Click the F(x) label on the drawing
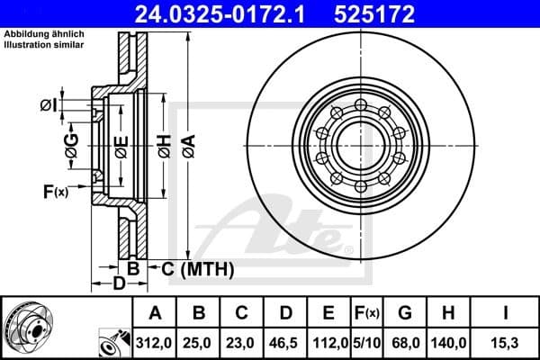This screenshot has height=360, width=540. (55, 191)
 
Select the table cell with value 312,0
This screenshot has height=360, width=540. (155, 343)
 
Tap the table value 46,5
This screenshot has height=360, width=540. (285, 343)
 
